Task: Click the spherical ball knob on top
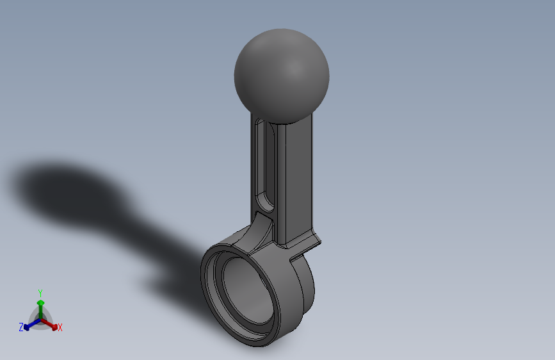coord(282,74)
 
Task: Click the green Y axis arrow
coord(40,306)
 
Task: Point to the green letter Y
coord(40,292)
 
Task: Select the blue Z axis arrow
coord(29,325)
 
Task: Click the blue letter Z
coord(21,327)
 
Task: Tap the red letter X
coord(60,327)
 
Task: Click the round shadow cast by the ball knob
coord(64,189)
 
